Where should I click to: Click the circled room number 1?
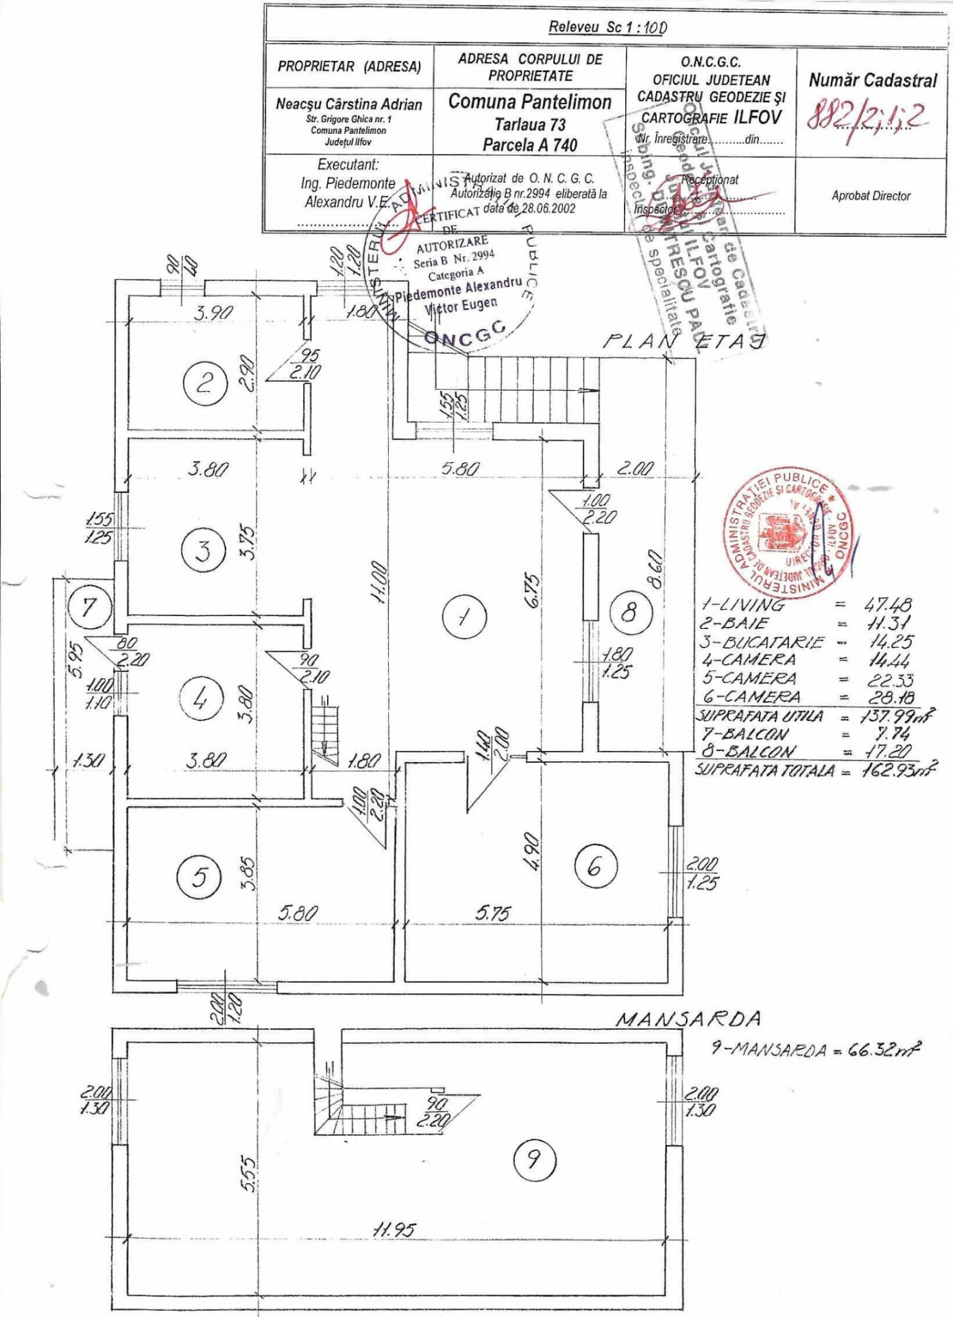point(464,616)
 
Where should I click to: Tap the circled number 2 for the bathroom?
point(204,382)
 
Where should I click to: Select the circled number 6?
point(594,866)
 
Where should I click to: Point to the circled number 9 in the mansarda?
point(534,1160)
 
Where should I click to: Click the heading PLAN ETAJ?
point(683,341)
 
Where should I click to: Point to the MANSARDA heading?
point(688,1019)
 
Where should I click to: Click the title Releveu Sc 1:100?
point(607,27)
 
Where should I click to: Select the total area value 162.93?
point(898,769)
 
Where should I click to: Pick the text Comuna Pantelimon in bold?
point(529,102)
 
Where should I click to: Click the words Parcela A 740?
point(529,145)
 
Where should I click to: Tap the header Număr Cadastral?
point(872,80)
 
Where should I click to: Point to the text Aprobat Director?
point(871,195)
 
